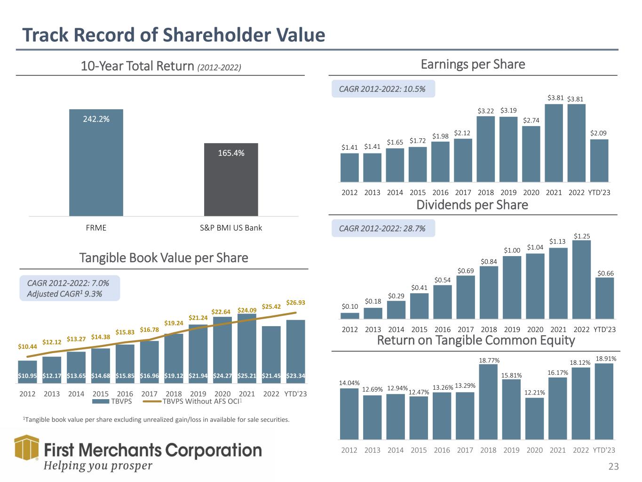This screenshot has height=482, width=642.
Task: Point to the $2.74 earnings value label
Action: (531, 120)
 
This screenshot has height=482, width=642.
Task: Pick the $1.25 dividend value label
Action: (582, 235)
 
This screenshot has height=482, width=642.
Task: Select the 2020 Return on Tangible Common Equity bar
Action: (534, 418)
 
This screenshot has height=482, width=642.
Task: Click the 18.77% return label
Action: (489, 360)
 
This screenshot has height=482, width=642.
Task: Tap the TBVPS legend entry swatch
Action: (100, 402)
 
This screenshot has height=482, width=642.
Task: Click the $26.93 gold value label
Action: (295, 303)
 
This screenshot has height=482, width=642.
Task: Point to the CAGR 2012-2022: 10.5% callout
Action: (383, 88)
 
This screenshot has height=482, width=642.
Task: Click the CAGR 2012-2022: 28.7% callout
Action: (383, 228)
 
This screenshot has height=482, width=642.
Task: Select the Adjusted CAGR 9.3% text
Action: (64, 294)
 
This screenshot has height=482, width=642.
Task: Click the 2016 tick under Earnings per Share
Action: (440, 192)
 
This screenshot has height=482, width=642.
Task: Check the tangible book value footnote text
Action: (156, 419)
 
